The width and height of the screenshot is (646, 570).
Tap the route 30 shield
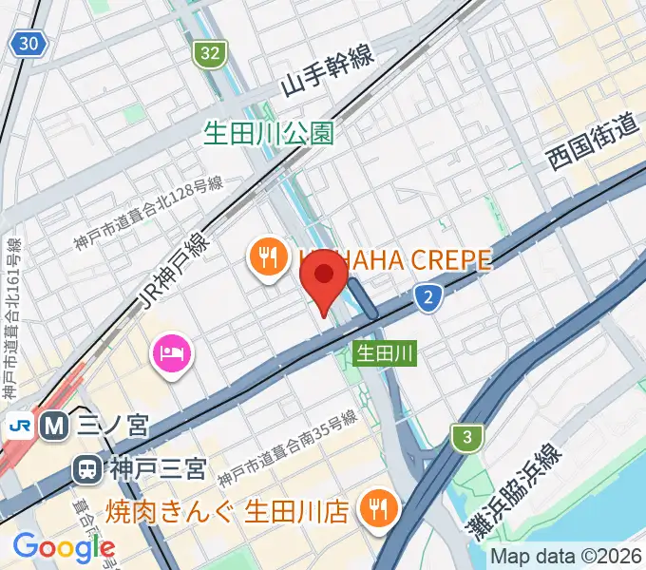[x=28, y=43]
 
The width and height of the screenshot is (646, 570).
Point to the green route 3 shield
[x=466, y=437]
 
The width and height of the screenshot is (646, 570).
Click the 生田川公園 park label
[x=269, y=132]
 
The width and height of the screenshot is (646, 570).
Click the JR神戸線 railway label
[x=175, y=269]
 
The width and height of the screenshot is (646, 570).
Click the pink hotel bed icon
[x=172, y=354]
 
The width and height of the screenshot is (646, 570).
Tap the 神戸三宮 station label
[x=156, y=467]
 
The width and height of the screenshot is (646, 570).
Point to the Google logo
[x=64, y=546]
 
